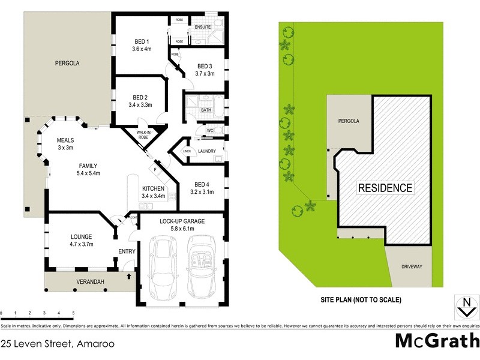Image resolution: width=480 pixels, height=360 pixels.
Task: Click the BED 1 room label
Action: (x=143, y=41)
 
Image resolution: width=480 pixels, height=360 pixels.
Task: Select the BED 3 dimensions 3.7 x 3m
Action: (x=204, y=74)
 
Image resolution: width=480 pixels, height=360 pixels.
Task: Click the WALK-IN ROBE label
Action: (x=143, y=135)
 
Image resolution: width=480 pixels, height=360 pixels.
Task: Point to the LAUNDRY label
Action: (x=206, y=151)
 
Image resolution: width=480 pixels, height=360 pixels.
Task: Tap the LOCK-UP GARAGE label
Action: (x=182, y=221)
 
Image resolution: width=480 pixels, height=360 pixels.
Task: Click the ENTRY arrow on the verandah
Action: (x=130, y=277)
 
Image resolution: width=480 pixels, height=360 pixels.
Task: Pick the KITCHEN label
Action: (x=152, y=188)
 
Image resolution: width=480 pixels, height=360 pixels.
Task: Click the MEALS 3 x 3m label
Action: (x=65, y=143)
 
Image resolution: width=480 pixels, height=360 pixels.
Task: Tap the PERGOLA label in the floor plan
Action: (x=67, y=62)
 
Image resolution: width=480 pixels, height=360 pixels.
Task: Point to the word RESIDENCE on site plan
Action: (x=385, y=188)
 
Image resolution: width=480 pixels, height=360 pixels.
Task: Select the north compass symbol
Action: (x=464, y=307)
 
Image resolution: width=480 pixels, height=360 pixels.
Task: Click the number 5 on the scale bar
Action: (x=73, y=313)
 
